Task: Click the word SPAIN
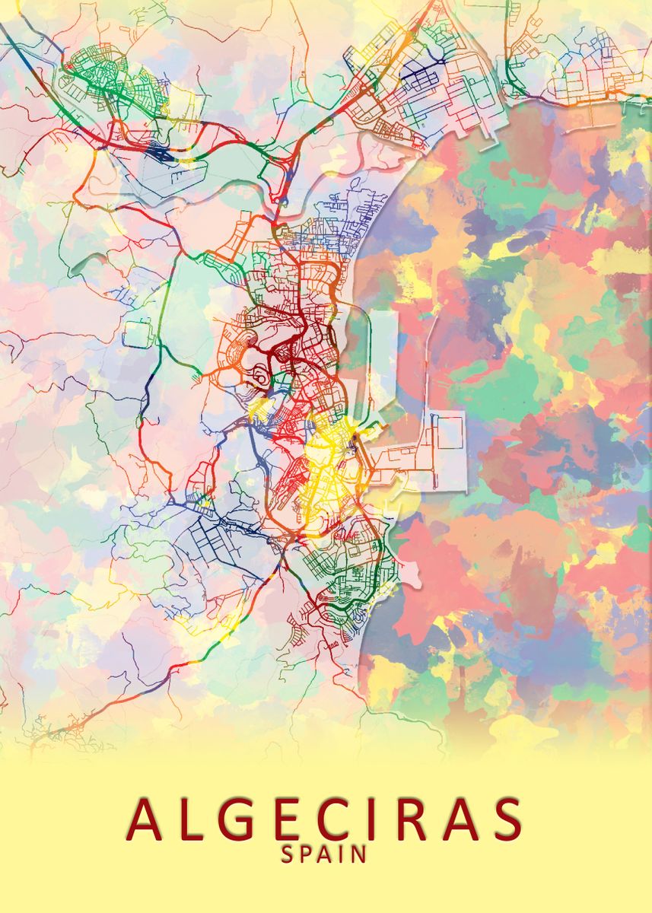[325, 854]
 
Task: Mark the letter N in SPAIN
[360, 854]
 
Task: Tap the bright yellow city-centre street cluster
[327, 456]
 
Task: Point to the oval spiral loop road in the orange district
[258, 374]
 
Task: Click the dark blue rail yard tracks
[162, 154]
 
